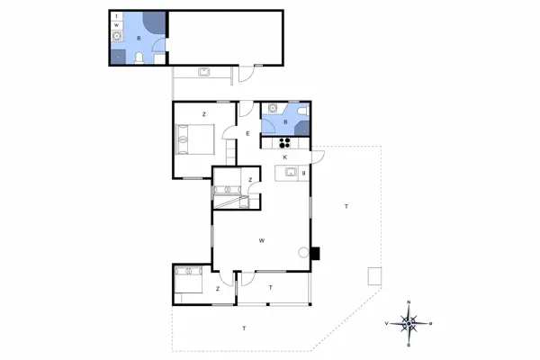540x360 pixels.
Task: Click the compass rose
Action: point(409,322)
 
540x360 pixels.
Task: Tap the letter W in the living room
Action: point(261,240)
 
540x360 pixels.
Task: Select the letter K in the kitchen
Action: point(285,157)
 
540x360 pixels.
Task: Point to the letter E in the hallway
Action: point(247,134)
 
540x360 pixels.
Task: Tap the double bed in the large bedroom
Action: point(195,139)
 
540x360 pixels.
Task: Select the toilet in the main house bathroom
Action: point(303,112)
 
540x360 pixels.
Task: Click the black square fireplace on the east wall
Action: point(316,253)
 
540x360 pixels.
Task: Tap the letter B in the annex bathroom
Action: point(139,39)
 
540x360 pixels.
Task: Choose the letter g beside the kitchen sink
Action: point(304,172)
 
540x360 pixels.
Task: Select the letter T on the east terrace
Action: point(346,208)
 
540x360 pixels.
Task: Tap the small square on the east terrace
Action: point(373,275)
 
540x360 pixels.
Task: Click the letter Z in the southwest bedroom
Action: point(218,289)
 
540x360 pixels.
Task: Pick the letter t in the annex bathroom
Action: point(117,16)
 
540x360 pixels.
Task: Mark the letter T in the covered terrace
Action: point(271,288)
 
